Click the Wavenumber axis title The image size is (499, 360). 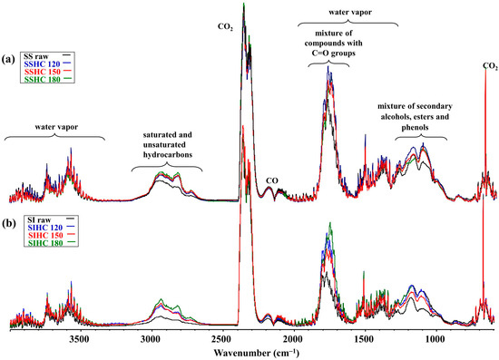click(257, 353)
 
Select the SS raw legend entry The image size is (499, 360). click(48, 56)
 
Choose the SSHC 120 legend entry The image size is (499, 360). click(48, 63)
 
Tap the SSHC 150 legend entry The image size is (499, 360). click(48, 72)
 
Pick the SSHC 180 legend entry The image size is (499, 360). click(48, 79)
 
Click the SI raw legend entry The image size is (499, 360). click(51, 220)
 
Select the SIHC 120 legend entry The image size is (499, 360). click(51, 228)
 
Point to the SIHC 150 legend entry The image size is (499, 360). click(51, 236)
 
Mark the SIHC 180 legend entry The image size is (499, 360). click(51, 243)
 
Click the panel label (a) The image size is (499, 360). click(8, 59)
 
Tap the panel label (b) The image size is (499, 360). click(8, 223)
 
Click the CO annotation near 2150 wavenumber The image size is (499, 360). click(272, 180)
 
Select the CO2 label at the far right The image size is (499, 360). click(490, 66)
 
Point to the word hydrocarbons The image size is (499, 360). click(168, 155)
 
